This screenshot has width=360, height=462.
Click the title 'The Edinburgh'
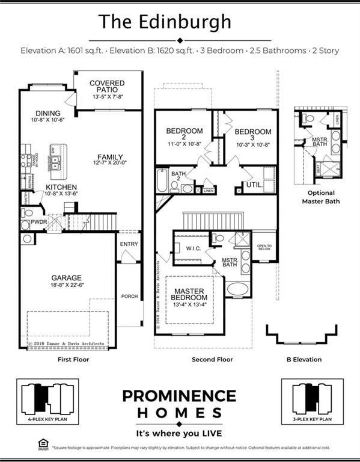point(165,22)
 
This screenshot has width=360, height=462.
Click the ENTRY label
point(129,244)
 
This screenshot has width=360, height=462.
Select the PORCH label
point(129,296)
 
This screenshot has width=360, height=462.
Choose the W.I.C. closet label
point(193,248)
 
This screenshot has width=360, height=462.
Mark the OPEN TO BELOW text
point(264,248)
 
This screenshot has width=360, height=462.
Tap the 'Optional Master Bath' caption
point(320,197)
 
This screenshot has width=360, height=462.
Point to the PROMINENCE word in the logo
point(179,396)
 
